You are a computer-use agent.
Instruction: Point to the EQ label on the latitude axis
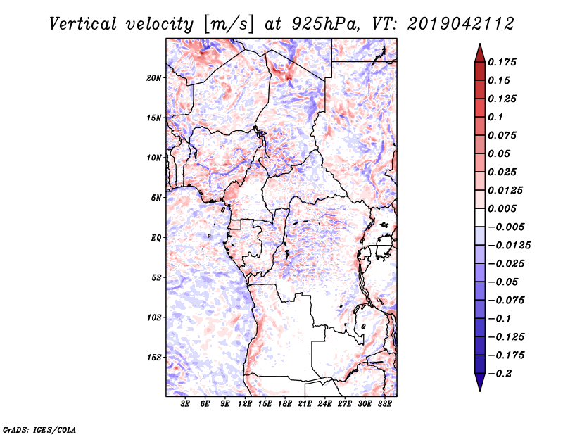[157, 237]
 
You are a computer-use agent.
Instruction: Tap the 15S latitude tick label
[155, 357]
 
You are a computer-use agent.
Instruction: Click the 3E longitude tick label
[186, 405]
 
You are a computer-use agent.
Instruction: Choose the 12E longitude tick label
[246, 405]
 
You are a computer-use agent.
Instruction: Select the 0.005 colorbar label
[504, 208]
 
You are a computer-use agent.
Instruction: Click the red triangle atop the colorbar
[479, 52]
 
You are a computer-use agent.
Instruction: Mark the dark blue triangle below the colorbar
[479, 383]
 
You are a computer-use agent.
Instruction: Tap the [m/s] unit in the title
[226, 24]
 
